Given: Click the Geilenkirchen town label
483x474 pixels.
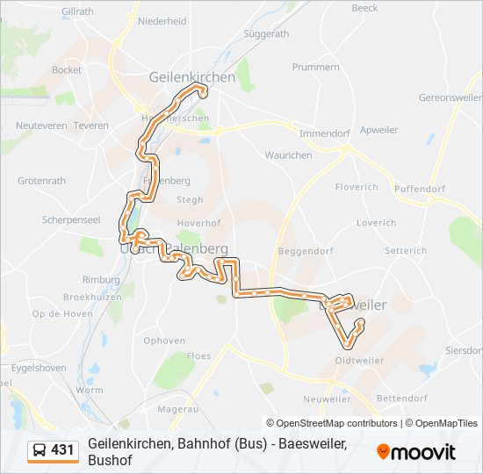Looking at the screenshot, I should click(192, 77).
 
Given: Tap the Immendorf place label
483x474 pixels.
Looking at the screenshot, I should click(325, 133).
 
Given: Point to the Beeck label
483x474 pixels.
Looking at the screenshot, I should click(364, 8).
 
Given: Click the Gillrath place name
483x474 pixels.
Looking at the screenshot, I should click(78, 11).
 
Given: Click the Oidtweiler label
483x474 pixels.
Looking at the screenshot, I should click(360, 359).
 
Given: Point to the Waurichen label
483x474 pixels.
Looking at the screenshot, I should click(288, 155).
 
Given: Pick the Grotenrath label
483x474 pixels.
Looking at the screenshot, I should click(41, 181).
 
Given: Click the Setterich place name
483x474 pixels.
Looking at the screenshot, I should click(406, 250).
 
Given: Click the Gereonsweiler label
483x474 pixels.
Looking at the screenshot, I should click(451, 98).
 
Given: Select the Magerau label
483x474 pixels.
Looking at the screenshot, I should click(177, 408).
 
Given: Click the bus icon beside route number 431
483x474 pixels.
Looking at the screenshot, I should click(40, 450).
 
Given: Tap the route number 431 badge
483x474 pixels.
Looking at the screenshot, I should click(62, 450).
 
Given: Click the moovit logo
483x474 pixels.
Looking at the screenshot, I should click(416, 452).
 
